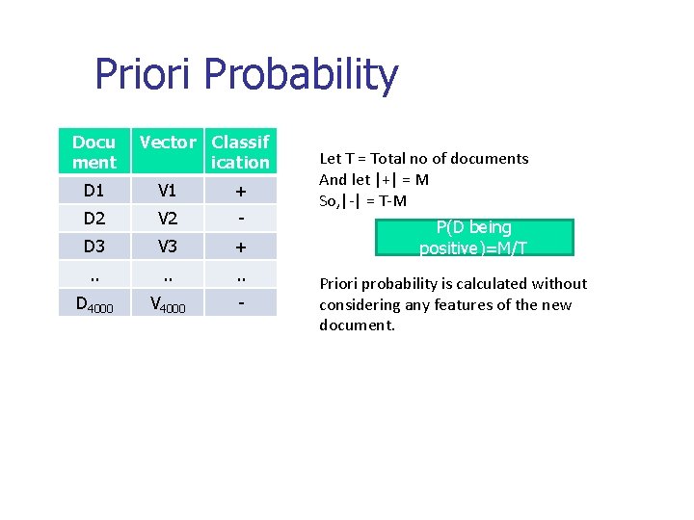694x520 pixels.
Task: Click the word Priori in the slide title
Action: [146, 75]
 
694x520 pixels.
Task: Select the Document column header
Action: [93, 152]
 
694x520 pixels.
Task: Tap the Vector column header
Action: [168, 143]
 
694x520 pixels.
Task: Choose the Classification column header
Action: [241, 152]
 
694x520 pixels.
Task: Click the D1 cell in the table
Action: [93, 190]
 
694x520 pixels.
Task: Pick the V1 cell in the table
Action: [168, 190]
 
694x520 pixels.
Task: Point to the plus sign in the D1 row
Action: [241, 191]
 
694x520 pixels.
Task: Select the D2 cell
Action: [93, 218]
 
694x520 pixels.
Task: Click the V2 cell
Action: [168, 218]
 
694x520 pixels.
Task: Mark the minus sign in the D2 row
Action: [241, 218]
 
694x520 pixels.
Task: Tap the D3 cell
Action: [93, 246]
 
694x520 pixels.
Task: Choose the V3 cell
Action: [168, 246]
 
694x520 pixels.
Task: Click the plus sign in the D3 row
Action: [241, 247]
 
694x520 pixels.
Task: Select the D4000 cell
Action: [94, 304]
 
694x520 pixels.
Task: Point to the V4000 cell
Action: [169, 304]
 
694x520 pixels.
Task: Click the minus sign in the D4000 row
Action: [241, 302]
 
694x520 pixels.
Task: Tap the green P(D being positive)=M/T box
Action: [473, 238]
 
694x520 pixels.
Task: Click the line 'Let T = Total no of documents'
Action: [424, 158]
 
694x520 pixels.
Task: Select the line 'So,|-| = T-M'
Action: [363, 200]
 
